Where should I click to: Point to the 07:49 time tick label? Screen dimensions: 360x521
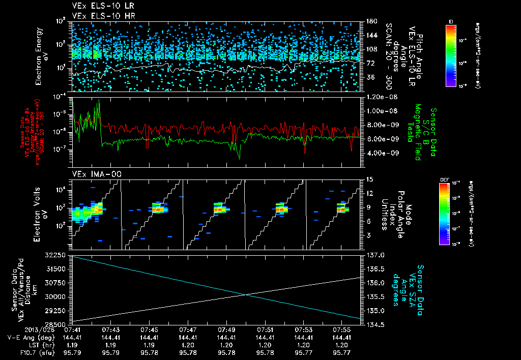tap(226, 330)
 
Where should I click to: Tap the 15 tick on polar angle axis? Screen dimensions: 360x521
tap(369, 179)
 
